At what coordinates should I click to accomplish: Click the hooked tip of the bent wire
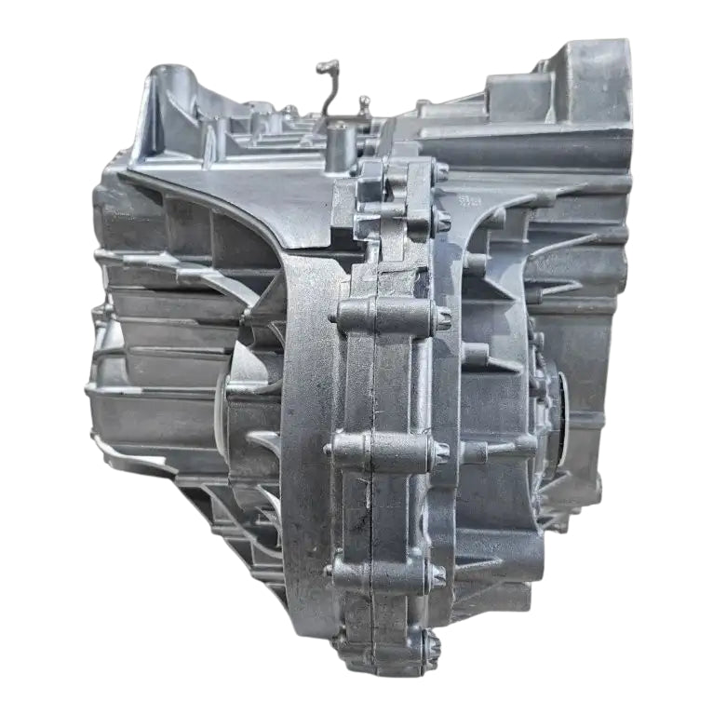point(326,66)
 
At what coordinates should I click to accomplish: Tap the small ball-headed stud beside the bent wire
point(364,101)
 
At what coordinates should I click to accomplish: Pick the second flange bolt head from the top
point(441,222)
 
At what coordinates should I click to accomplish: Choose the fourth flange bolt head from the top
point(441,452)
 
